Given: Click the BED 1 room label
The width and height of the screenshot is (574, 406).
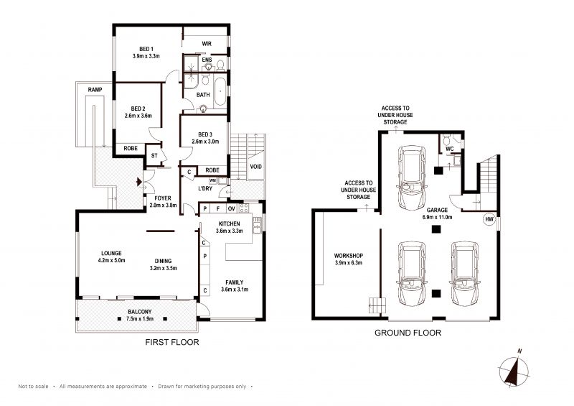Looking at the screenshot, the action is (146, 49).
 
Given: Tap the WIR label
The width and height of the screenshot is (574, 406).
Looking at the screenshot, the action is (207, 44).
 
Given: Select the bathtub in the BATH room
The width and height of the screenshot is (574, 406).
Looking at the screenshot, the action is (220, 91).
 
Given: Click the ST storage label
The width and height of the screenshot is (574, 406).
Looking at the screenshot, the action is (154, 156).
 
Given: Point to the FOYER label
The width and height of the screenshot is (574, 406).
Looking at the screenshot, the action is (163, 198).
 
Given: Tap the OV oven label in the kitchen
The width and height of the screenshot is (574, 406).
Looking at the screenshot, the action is (231, 208).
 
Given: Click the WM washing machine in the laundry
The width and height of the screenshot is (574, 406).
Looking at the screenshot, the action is (212, 180).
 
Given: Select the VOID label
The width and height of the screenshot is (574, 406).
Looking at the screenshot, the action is (256, 167).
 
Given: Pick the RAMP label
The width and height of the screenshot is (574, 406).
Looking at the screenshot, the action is (95, 90).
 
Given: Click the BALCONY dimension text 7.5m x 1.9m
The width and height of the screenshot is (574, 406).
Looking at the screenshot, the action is (140, 319).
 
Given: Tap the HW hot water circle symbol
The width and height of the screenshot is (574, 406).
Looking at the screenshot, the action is (489, 219).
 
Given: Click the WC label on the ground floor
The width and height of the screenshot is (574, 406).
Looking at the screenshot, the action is (450, 149).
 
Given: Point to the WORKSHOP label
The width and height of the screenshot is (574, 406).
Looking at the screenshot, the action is (349, 256).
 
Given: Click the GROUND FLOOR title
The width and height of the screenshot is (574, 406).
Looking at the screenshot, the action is (408, 333).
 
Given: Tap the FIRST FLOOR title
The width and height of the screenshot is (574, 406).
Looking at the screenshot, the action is (172, 342).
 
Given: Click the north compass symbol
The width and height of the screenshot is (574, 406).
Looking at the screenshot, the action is (514, 369).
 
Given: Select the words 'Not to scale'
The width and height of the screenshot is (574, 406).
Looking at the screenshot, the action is (33, 386).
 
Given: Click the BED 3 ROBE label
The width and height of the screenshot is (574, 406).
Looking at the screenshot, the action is (212, 170).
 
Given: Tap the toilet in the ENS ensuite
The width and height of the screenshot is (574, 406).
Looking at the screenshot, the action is (220, 65).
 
